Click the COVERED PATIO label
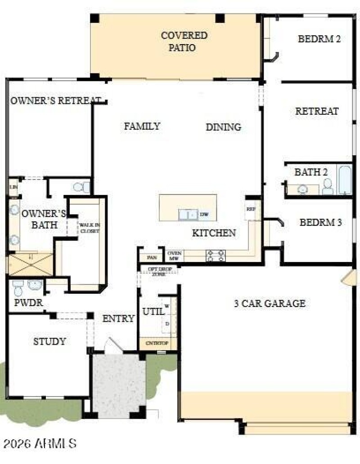[184, 41]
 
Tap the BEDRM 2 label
[319, 39]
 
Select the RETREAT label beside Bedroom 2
[317, 111]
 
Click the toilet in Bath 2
[328, 186]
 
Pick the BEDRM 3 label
[320, 222]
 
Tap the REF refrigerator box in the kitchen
[251, 209]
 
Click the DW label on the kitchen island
[204, 215]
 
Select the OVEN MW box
[174, 256]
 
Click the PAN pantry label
[151, 258]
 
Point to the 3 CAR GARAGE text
[270, 303]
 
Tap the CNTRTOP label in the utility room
[157, 343]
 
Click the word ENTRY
[118, 319]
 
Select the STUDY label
[49, 342]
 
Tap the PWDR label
[28, 303]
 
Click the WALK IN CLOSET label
[90, 228]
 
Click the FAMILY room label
[142, 126]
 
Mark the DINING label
[223, 127]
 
